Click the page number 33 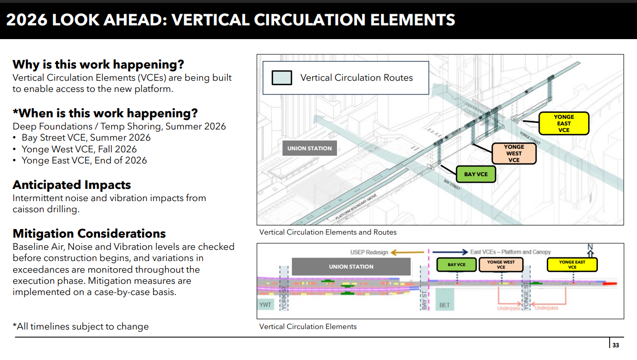click(616, 346)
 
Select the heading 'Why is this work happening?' click(98, 65)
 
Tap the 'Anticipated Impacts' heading click(72, 185)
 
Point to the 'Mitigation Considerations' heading click(89, 234)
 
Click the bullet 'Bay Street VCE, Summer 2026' click(86, 138)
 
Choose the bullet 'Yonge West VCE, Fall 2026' click(79, 149)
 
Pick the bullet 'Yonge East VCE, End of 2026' click(84, 160)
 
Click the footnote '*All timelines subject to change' click(80, 326)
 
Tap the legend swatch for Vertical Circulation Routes click(282, 78)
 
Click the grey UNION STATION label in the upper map click(310, 148)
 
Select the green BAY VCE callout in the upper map click(476, 174)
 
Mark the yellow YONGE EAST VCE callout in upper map click(563, 123)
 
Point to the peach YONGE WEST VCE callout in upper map click(514, 153)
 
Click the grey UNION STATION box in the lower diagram click(351, 267)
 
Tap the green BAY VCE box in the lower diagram click(456, 265)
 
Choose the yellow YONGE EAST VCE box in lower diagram click(572, 265)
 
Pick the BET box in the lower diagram click(445, 305)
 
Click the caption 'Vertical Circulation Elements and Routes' click(328, 232)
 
